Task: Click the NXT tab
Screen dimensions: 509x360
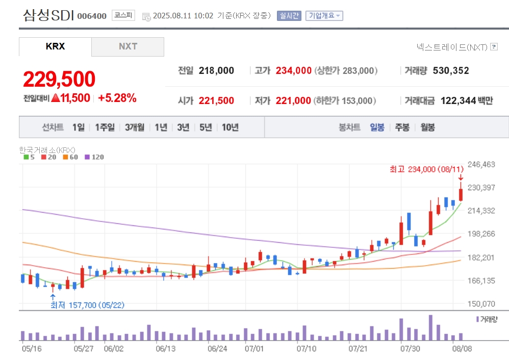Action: click(x=128, y=47)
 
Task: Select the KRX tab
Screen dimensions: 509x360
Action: click(x=55, y=47)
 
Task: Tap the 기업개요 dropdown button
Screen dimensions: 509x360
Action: click(x=324, y=16)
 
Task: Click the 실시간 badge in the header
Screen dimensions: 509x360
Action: click(x=289, y=16)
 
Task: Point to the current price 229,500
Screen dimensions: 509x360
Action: click(x=59, y=79)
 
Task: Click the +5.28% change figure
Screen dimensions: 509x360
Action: click(x=117, y=98)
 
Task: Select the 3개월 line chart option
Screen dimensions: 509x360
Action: click(x=135, y=127)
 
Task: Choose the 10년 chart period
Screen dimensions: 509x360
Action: click(x=230, y=127)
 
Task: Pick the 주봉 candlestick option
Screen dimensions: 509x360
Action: click(x=402, y=127)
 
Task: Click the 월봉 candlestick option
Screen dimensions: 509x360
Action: click(x=427, y=127)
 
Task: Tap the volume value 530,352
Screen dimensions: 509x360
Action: click(x=451, y=70)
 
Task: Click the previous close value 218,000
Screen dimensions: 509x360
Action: click(x=216, y=70)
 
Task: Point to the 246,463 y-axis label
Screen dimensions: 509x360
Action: click(x=481, y=164)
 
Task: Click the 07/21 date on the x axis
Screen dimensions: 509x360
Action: click(x=358, y=349)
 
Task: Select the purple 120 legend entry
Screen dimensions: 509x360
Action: click(x=94, y=157)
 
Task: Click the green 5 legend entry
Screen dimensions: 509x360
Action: click(x=29, y=157)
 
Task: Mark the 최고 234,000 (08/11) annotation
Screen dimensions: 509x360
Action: click(x=426, y=169)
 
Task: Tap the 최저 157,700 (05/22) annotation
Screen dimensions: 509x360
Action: click(x=87, y=305)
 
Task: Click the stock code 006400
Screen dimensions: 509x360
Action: click(x=92, y=16)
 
